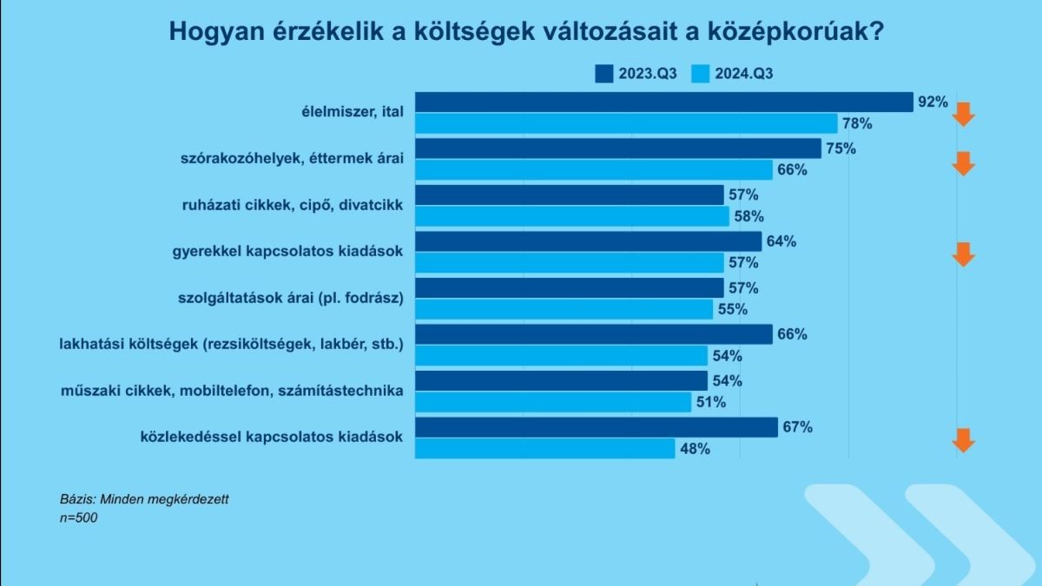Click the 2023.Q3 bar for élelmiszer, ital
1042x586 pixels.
pos(664,102)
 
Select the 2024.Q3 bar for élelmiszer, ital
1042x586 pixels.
pos(626,123)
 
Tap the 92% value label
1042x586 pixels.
pos(933,102)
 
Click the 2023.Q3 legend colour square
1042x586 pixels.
pos(604,73)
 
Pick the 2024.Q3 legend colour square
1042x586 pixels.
pos(701,73)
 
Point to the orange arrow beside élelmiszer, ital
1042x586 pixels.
pos(964,114)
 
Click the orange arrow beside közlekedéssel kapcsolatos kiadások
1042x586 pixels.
pos(964,440)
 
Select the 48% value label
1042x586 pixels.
pos(696,449)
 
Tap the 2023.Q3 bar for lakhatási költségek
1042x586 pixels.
pos(594,334)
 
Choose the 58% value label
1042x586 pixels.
pos(749,216)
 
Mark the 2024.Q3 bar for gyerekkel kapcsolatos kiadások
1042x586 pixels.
pos(569,262)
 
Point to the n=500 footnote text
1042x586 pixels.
pos(79,518)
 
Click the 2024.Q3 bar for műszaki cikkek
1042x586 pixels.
pos(553,402)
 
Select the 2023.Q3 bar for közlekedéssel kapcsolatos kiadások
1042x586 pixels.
pos(597,427)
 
